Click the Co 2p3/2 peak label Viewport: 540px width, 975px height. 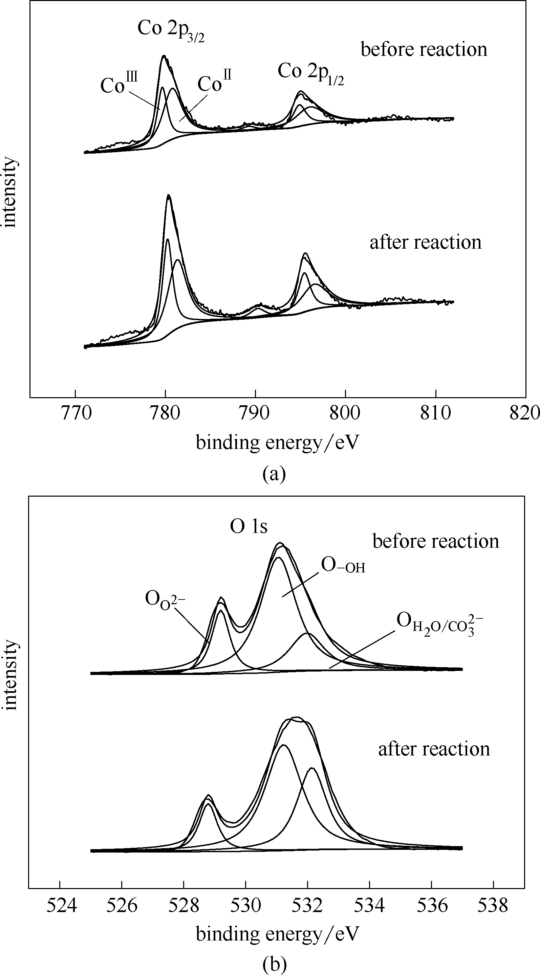click(x=171, y=29)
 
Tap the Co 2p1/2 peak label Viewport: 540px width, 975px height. click(x=310, y=72)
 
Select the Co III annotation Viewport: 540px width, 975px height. click(x=118, y=84)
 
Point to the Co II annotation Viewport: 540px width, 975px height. click(x=214, y=83)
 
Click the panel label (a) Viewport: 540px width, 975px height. click(x=274, y=474)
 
